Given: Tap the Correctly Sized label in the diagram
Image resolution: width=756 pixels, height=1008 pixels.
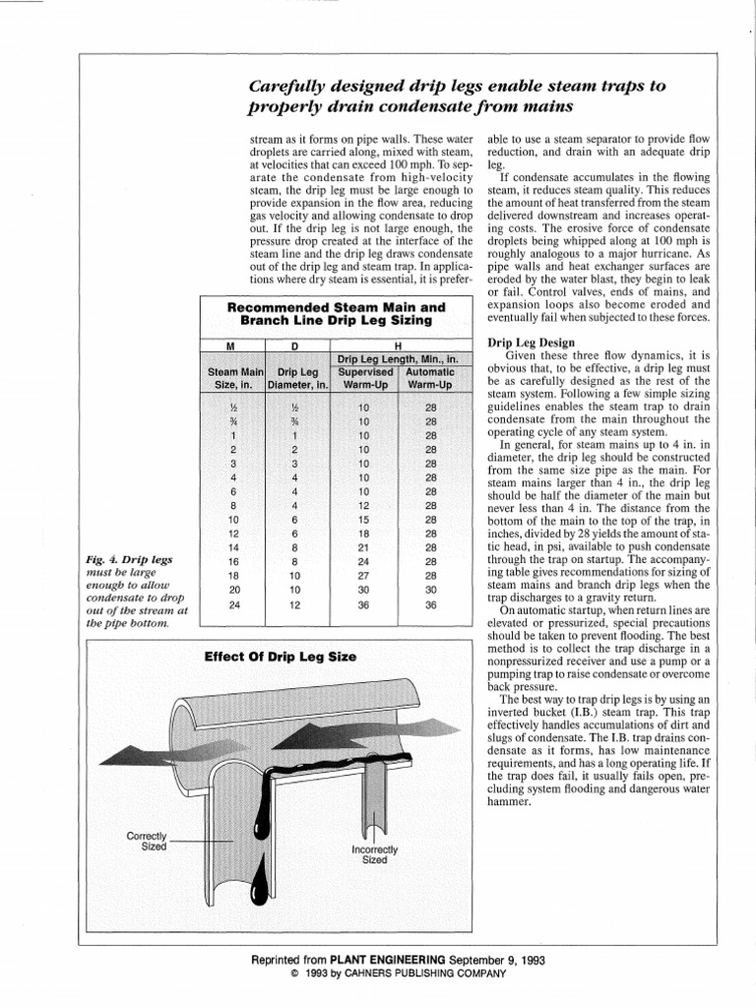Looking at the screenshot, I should [147, 842].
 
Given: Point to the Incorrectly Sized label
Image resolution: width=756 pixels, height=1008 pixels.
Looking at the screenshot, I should [375, 853].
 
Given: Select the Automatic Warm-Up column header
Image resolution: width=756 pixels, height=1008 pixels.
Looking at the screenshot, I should [430, 379].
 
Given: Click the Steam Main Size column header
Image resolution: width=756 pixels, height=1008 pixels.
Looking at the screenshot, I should [232, 379].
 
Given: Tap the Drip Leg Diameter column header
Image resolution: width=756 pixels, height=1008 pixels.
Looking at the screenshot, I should [295, 379].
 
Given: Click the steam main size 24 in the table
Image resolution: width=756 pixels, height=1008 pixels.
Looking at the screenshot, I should [233, 605].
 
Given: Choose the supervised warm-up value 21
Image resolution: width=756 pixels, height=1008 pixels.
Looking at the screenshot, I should [363, 547].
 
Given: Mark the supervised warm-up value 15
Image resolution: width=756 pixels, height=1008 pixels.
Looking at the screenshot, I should [363, 520].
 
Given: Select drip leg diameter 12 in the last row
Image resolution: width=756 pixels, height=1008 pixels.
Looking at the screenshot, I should [295, 605].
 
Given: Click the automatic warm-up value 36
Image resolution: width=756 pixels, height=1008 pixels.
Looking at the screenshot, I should [430, 605].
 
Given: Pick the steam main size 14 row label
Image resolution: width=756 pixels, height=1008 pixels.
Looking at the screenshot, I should [233, 547].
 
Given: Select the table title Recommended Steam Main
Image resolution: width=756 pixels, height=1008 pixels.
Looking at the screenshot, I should [336, 307].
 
